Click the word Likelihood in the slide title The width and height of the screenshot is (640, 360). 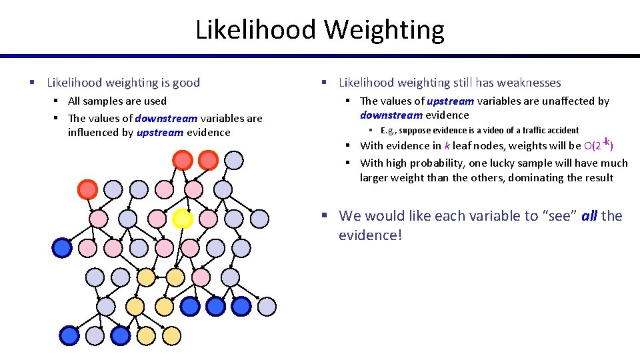tap(256, 30)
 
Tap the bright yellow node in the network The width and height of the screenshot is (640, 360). tap(182, 219)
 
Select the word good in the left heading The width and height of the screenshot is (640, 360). tap(186, 83)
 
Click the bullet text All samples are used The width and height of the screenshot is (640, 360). tap(117, 101)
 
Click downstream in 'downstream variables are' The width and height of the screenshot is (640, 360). tap(166, 118)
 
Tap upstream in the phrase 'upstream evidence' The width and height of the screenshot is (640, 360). tap(159, 132)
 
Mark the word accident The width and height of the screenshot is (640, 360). tap(562, 131)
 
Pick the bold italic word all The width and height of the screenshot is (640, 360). tap(589, 216)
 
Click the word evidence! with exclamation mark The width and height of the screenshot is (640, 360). tap(370, 235)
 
